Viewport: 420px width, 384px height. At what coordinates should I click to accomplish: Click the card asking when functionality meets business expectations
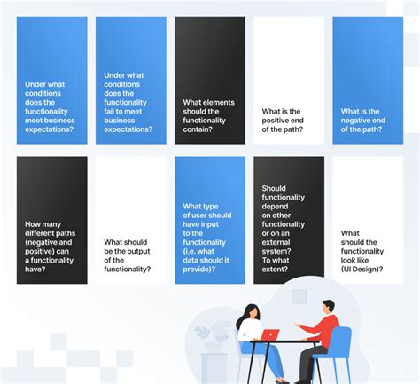(51, 80)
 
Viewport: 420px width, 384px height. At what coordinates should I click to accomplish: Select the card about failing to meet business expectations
(130, 80)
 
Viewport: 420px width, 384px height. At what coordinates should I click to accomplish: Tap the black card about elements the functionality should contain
(209, 80)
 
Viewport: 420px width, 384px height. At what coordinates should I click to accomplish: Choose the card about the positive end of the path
(288, 80)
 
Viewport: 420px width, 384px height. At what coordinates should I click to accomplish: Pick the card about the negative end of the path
(367, 80)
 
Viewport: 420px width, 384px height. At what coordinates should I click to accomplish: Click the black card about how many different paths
(51, 220)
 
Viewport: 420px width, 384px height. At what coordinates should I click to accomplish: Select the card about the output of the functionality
(130, 220)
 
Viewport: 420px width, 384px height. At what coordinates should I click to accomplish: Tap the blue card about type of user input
(209, 220)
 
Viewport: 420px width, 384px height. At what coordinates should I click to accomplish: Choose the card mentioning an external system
(288, 220)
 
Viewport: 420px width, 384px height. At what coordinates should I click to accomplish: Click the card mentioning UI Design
(367, 220)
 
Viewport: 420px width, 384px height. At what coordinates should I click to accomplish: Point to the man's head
(327, 308)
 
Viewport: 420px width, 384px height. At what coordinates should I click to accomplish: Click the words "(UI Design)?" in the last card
(362, 269)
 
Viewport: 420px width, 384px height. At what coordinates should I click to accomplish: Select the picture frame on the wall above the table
(299, 296)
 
